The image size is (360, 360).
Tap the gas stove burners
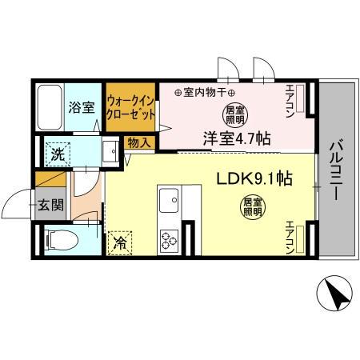tap(170, 238)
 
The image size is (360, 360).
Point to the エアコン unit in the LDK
tap(298, 238)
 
